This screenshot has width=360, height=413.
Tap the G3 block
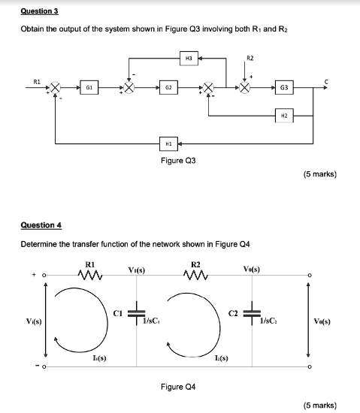click(x=283, y=87)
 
